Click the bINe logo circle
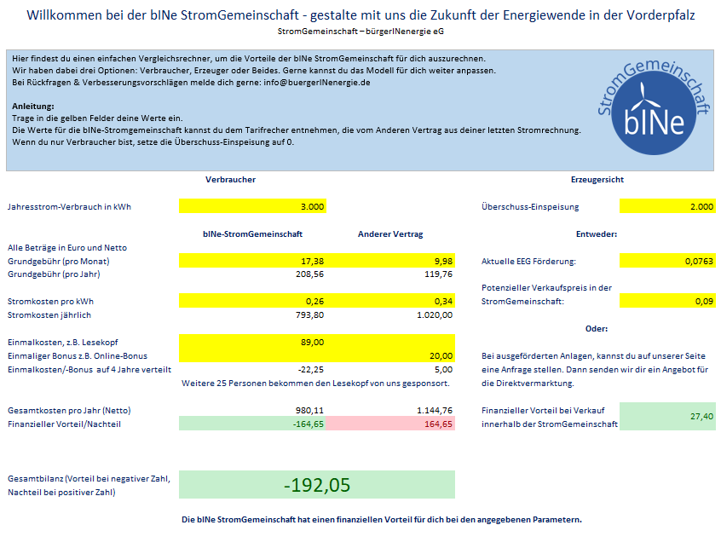click(654, 112)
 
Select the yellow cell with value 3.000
click(252, 206)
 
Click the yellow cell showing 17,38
click(252, 261)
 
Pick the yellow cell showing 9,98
click(390, 261)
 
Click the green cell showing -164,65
click(252, 424)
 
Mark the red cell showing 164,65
click(390, 424)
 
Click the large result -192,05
click(317, 485)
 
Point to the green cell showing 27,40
click(667, 417)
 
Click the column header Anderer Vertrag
click(390, 234)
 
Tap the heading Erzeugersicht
click(597, 179)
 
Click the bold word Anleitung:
click(33, 107)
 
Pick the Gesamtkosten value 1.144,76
click(434, 410)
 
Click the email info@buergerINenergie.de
click(317, 83)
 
